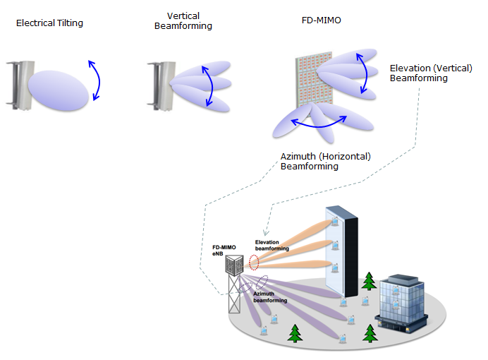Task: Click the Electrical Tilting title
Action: (49, 23)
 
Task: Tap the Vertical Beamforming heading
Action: (183, 21)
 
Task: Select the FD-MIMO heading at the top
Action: (321, 20)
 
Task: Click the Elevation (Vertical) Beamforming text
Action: (431, 73)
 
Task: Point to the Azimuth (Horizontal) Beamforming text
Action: (326, 162)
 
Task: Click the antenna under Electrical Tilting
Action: (20, 85)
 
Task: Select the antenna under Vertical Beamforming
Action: (161, 86)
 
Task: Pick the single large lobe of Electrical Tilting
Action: (59, 90)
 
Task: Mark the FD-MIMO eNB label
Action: (224, 251)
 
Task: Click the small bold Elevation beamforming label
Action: (272, 245)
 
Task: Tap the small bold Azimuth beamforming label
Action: (270, 297)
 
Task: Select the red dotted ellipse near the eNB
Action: (254, 263)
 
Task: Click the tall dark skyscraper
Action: (342, 251)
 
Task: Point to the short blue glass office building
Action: (401, 304)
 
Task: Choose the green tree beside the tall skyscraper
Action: (369, 281)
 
